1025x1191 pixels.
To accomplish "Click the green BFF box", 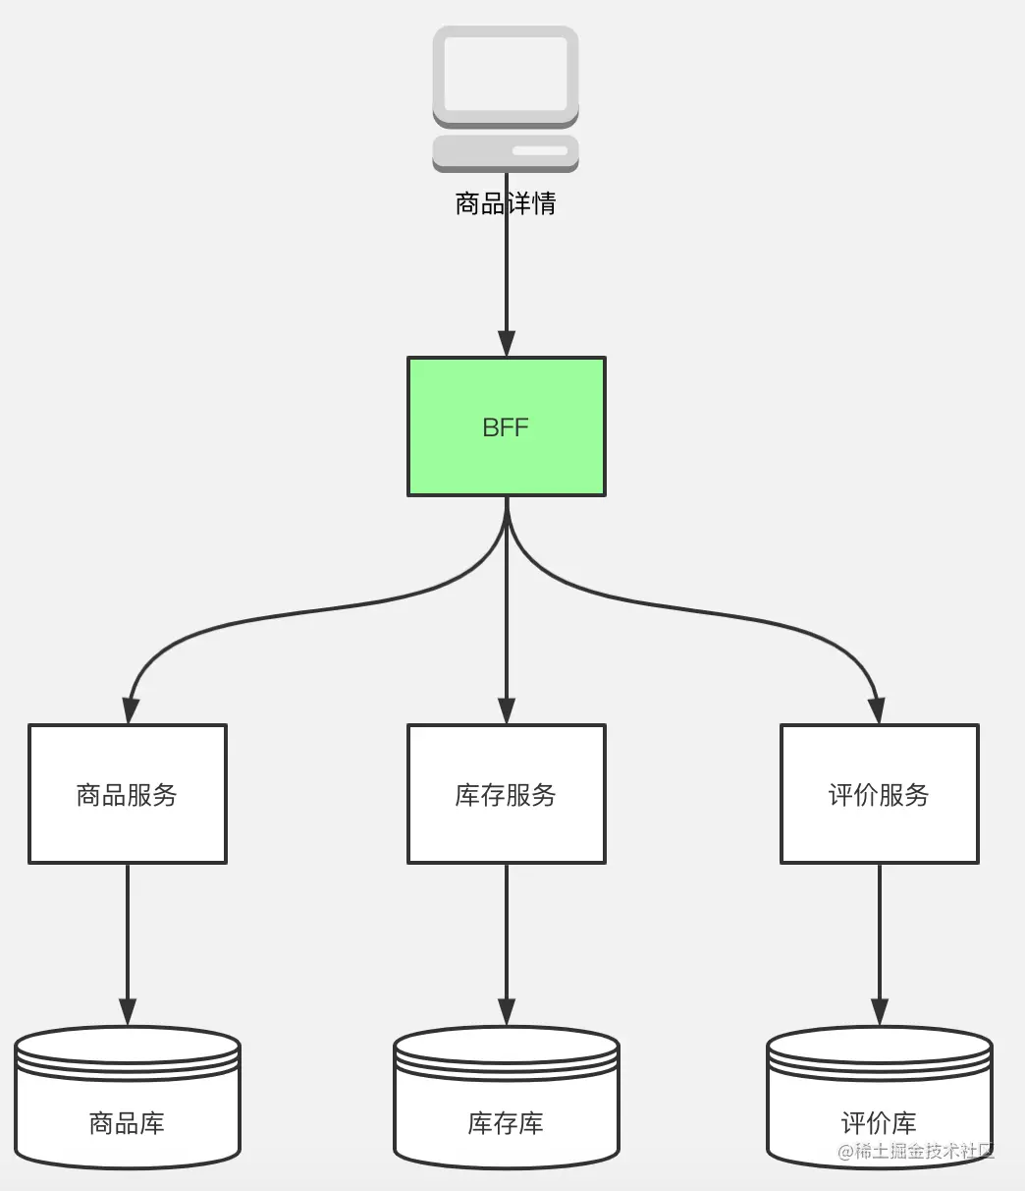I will click(x=506, y=462).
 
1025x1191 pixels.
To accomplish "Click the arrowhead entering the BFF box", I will click(x=506, y=344).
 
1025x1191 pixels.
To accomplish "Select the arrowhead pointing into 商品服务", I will click(x=129, y=711).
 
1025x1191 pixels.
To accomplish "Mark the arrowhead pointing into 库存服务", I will click(x=506, y=711).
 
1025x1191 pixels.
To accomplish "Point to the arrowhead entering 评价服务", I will click(x=878, y=711).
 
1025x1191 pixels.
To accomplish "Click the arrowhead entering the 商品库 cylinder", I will click(x=128, y=1012).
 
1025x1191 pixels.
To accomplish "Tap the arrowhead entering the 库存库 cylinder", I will click(x=506, y=1012).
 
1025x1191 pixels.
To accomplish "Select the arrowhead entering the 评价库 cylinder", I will click(x=879, y=1012).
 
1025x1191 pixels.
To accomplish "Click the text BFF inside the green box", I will click(x=506, y=427).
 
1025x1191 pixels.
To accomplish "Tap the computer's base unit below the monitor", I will click(x=506, y=152).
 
